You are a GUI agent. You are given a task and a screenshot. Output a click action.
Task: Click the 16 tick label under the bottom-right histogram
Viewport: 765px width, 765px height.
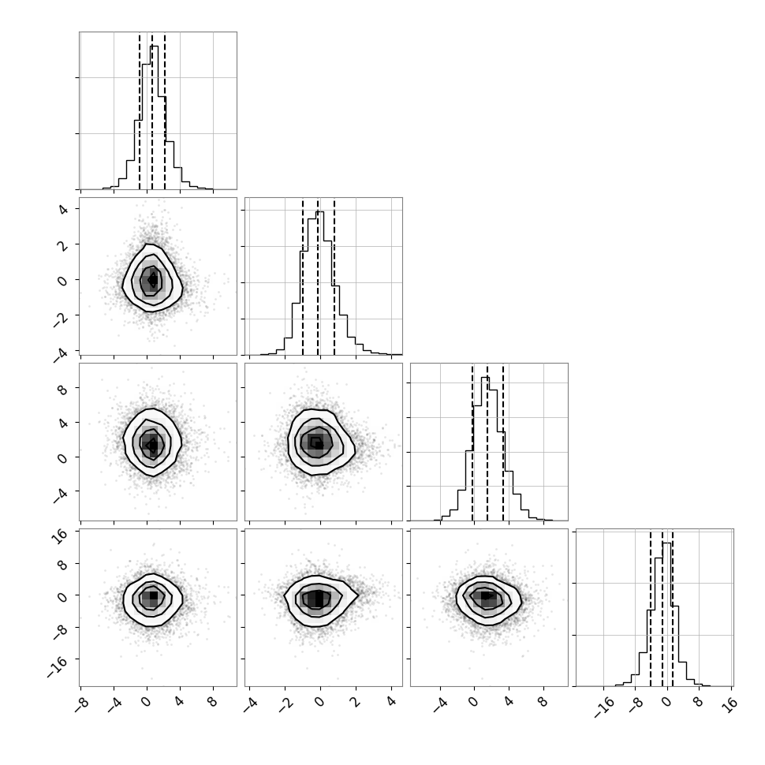point(731,705)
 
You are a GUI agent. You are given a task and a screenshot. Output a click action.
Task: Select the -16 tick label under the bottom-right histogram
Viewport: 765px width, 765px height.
point(604,708)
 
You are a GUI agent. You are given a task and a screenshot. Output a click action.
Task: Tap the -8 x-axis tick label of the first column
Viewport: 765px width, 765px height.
point(81,706)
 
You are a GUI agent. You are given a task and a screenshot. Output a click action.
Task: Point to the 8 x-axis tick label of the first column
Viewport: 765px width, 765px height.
point(213,703)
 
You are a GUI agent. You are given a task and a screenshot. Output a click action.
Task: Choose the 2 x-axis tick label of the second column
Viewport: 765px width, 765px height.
point(355,703)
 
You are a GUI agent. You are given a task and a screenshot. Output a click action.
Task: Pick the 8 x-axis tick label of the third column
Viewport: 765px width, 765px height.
point(543,703)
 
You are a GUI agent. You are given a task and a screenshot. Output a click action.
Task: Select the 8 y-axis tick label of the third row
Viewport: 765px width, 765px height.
point(62,390)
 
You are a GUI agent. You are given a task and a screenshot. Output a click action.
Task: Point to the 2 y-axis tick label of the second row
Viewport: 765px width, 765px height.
point(62,245)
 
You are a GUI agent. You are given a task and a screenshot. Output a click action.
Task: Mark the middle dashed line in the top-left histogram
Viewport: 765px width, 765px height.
point(152,111)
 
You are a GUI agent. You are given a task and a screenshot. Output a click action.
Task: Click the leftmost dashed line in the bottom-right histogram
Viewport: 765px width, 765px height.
point(651,608)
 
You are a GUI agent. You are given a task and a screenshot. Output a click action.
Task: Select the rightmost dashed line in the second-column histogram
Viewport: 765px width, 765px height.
point(334,277)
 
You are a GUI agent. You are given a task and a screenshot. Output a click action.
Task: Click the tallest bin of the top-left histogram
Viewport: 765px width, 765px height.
point(154,117)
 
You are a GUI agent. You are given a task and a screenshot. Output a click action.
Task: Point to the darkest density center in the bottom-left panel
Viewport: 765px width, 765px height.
point(154,595)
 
